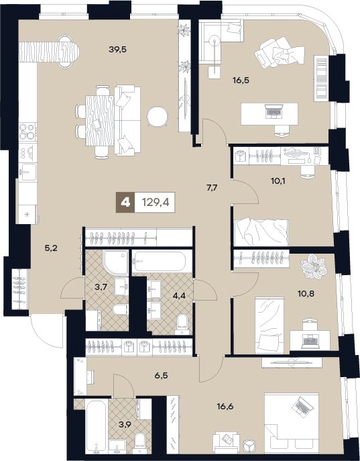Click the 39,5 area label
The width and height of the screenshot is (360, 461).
117,50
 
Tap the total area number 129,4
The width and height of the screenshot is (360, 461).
156,202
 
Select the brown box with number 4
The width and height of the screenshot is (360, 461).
125,202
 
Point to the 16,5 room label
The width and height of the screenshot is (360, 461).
241,80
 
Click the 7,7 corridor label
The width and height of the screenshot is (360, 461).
212,188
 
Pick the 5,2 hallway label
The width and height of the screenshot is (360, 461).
51,248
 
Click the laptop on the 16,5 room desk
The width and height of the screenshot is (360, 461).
273,111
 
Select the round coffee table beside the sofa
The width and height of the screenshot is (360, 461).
158,117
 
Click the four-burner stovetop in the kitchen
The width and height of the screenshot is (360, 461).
27,132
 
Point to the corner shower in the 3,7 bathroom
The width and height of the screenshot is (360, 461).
115,262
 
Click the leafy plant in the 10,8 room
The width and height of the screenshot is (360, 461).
314,266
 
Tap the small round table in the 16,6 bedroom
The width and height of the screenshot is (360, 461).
250,446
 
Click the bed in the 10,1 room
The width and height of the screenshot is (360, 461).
261,232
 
